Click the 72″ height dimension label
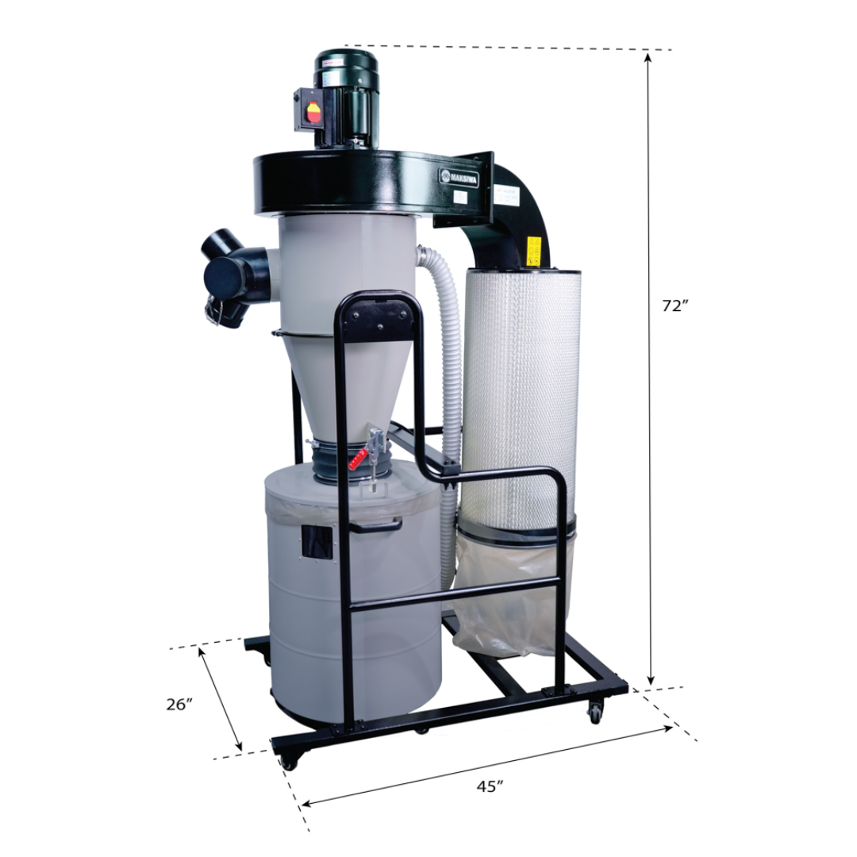coord(674,306)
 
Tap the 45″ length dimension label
coord(490,786)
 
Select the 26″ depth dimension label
coord(180,704)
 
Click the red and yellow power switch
coord(313,111)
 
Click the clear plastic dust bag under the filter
coord(508,595)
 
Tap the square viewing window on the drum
coord(317,542)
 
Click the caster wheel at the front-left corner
coord(288,763)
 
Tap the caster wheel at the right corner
coord(595,712)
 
